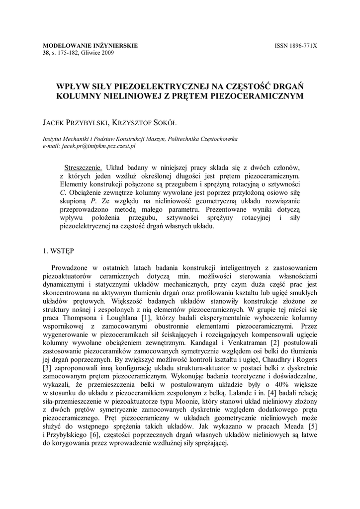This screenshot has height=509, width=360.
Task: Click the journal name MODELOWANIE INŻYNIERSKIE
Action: click(90, 46)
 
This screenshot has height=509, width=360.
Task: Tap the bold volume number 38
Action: click(47, 53)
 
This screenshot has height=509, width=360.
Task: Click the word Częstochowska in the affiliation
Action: click(215, 139)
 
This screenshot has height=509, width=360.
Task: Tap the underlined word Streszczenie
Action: click(83, 167)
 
